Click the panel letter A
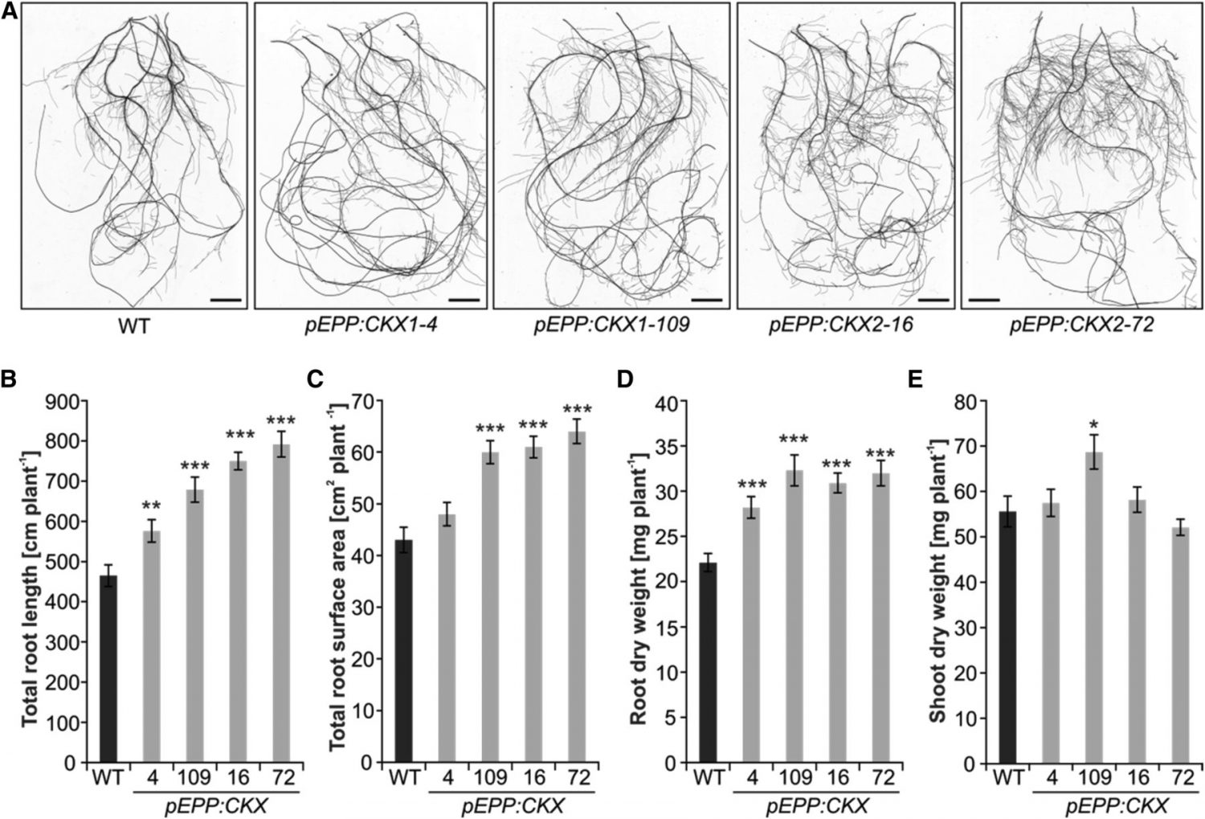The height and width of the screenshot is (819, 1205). [x=9, y=13]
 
